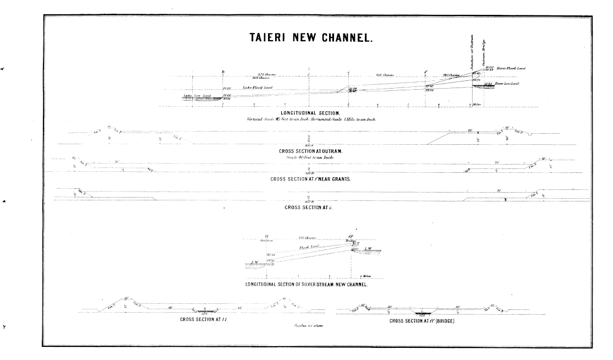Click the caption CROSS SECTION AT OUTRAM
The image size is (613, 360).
click(309, 150)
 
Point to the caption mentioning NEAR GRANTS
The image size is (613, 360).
click(310, 179)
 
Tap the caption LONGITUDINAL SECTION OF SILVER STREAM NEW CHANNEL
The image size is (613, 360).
click(306, 285)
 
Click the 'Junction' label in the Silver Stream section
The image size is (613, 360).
click(266, 240)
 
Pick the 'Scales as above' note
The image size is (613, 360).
click(308, 326)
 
